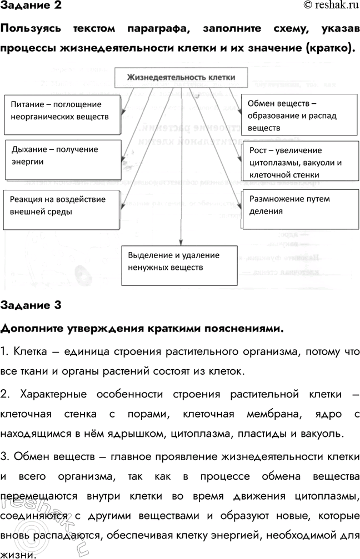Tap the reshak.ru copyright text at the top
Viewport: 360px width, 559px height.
(x=330, y=6)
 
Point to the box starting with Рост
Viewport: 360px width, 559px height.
(x=298, y=162)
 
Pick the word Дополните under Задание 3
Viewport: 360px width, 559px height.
(x=36, y=328)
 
